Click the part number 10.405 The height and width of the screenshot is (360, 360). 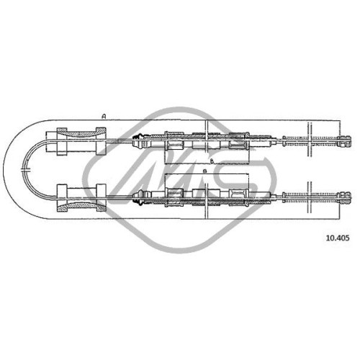(338, 238)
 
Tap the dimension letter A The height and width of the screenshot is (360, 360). (104, 117)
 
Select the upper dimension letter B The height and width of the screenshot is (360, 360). (212, 161)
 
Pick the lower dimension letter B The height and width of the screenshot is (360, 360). (204, 171)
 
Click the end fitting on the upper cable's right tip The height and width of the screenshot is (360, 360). (345, 141)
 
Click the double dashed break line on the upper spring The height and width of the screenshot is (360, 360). (310, 140)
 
